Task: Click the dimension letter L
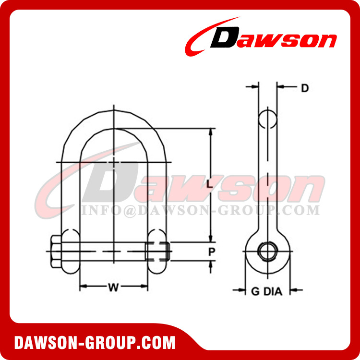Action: (x=209, y=184)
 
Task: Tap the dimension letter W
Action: (x=113, y=288)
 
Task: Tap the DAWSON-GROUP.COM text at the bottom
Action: (x=95, y=343)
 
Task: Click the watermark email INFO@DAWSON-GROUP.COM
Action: (x=200, y=210)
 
